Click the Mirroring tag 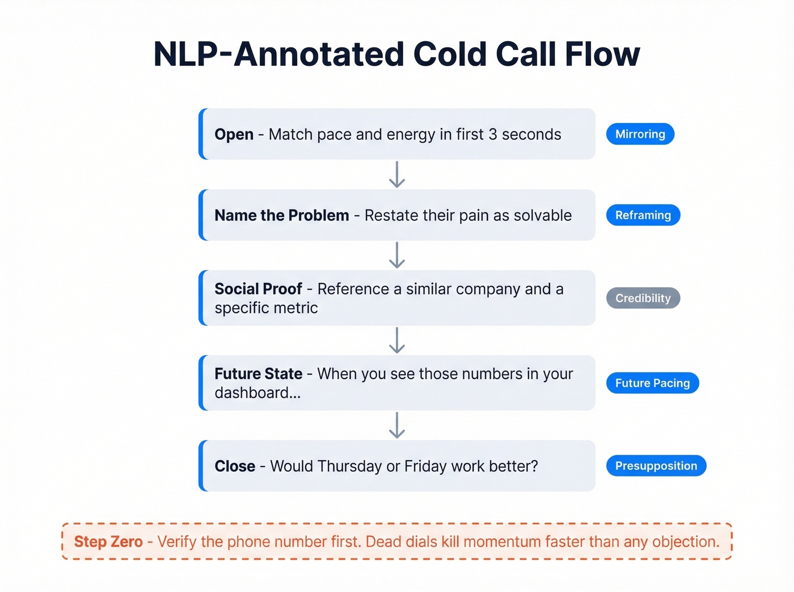pyautogui.click(x=640, y=134)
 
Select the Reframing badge pyautogui.click(x=643, y=215)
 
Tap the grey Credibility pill pyautogui.click(x=643, y=298)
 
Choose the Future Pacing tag pyautogui.click(x=652, y=383)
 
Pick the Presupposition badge pyautogui.click(x=656, y=466)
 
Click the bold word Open pyautogui.click(x=234, y=135)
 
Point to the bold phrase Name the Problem pyautogui.click(x=281, y=216)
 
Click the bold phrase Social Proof pyautogui.click(x=258, y=289)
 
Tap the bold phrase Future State pyautogui.click(x=258, y=374)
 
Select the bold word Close pyautogui.click(x=235, y=466)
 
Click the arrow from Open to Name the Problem pyautogui.click(x=397, y=174)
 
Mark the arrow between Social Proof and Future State pyautogui.click(x=397, y=340)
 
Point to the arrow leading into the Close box pyautogui.click(x=397, y=425)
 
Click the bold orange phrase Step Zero pyautogui.click(x=108, y=542)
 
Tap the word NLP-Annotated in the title pyautogui.click(x=278, y=54)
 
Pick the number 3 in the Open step pyautogui.click(x=492, y=135)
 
